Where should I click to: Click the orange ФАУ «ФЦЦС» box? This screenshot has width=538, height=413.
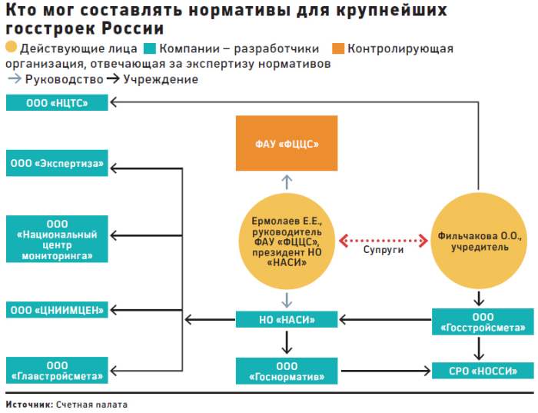(x=286, y=143)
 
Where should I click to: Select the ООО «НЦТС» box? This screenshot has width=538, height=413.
(x=57, y=102)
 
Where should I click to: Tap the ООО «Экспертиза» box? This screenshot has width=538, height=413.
(x=57, y=163)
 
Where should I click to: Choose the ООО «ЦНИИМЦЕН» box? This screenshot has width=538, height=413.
(x=57, y=309)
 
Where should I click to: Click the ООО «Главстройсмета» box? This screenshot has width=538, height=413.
(x=57, y=371)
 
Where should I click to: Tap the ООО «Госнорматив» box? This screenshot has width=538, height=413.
(x=286, y=371)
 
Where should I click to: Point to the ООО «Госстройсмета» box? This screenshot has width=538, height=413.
(x=479, y=322)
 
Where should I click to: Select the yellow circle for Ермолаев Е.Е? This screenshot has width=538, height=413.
(x=286, y=241)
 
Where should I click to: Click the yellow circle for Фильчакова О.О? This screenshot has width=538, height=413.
(x=479, y=241)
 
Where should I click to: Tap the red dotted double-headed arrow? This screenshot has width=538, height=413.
(x=383, y=241)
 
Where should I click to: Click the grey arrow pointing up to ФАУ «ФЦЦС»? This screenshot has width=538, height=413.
(x=286, y=182)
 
